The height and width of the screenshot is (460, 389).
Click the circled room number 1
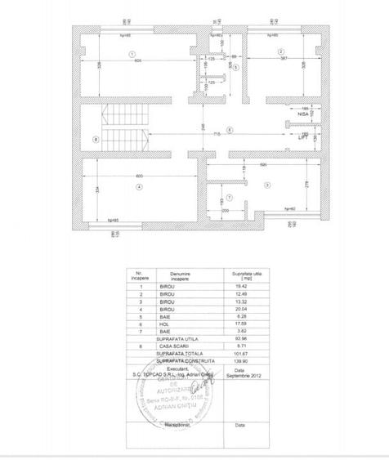click(132, 53)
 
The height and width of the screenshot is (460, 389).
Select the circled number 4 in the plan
click(140, 187)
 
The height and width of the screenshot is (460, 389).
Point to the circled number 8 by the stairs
click(96, 140)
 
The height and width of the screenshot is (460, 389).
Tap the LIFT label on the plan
click(303, 139)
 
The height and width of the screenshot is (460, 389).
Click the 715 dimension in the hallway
click(216, 132)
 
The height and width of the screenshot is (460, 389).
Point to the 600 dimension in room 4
click(140, 176)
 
